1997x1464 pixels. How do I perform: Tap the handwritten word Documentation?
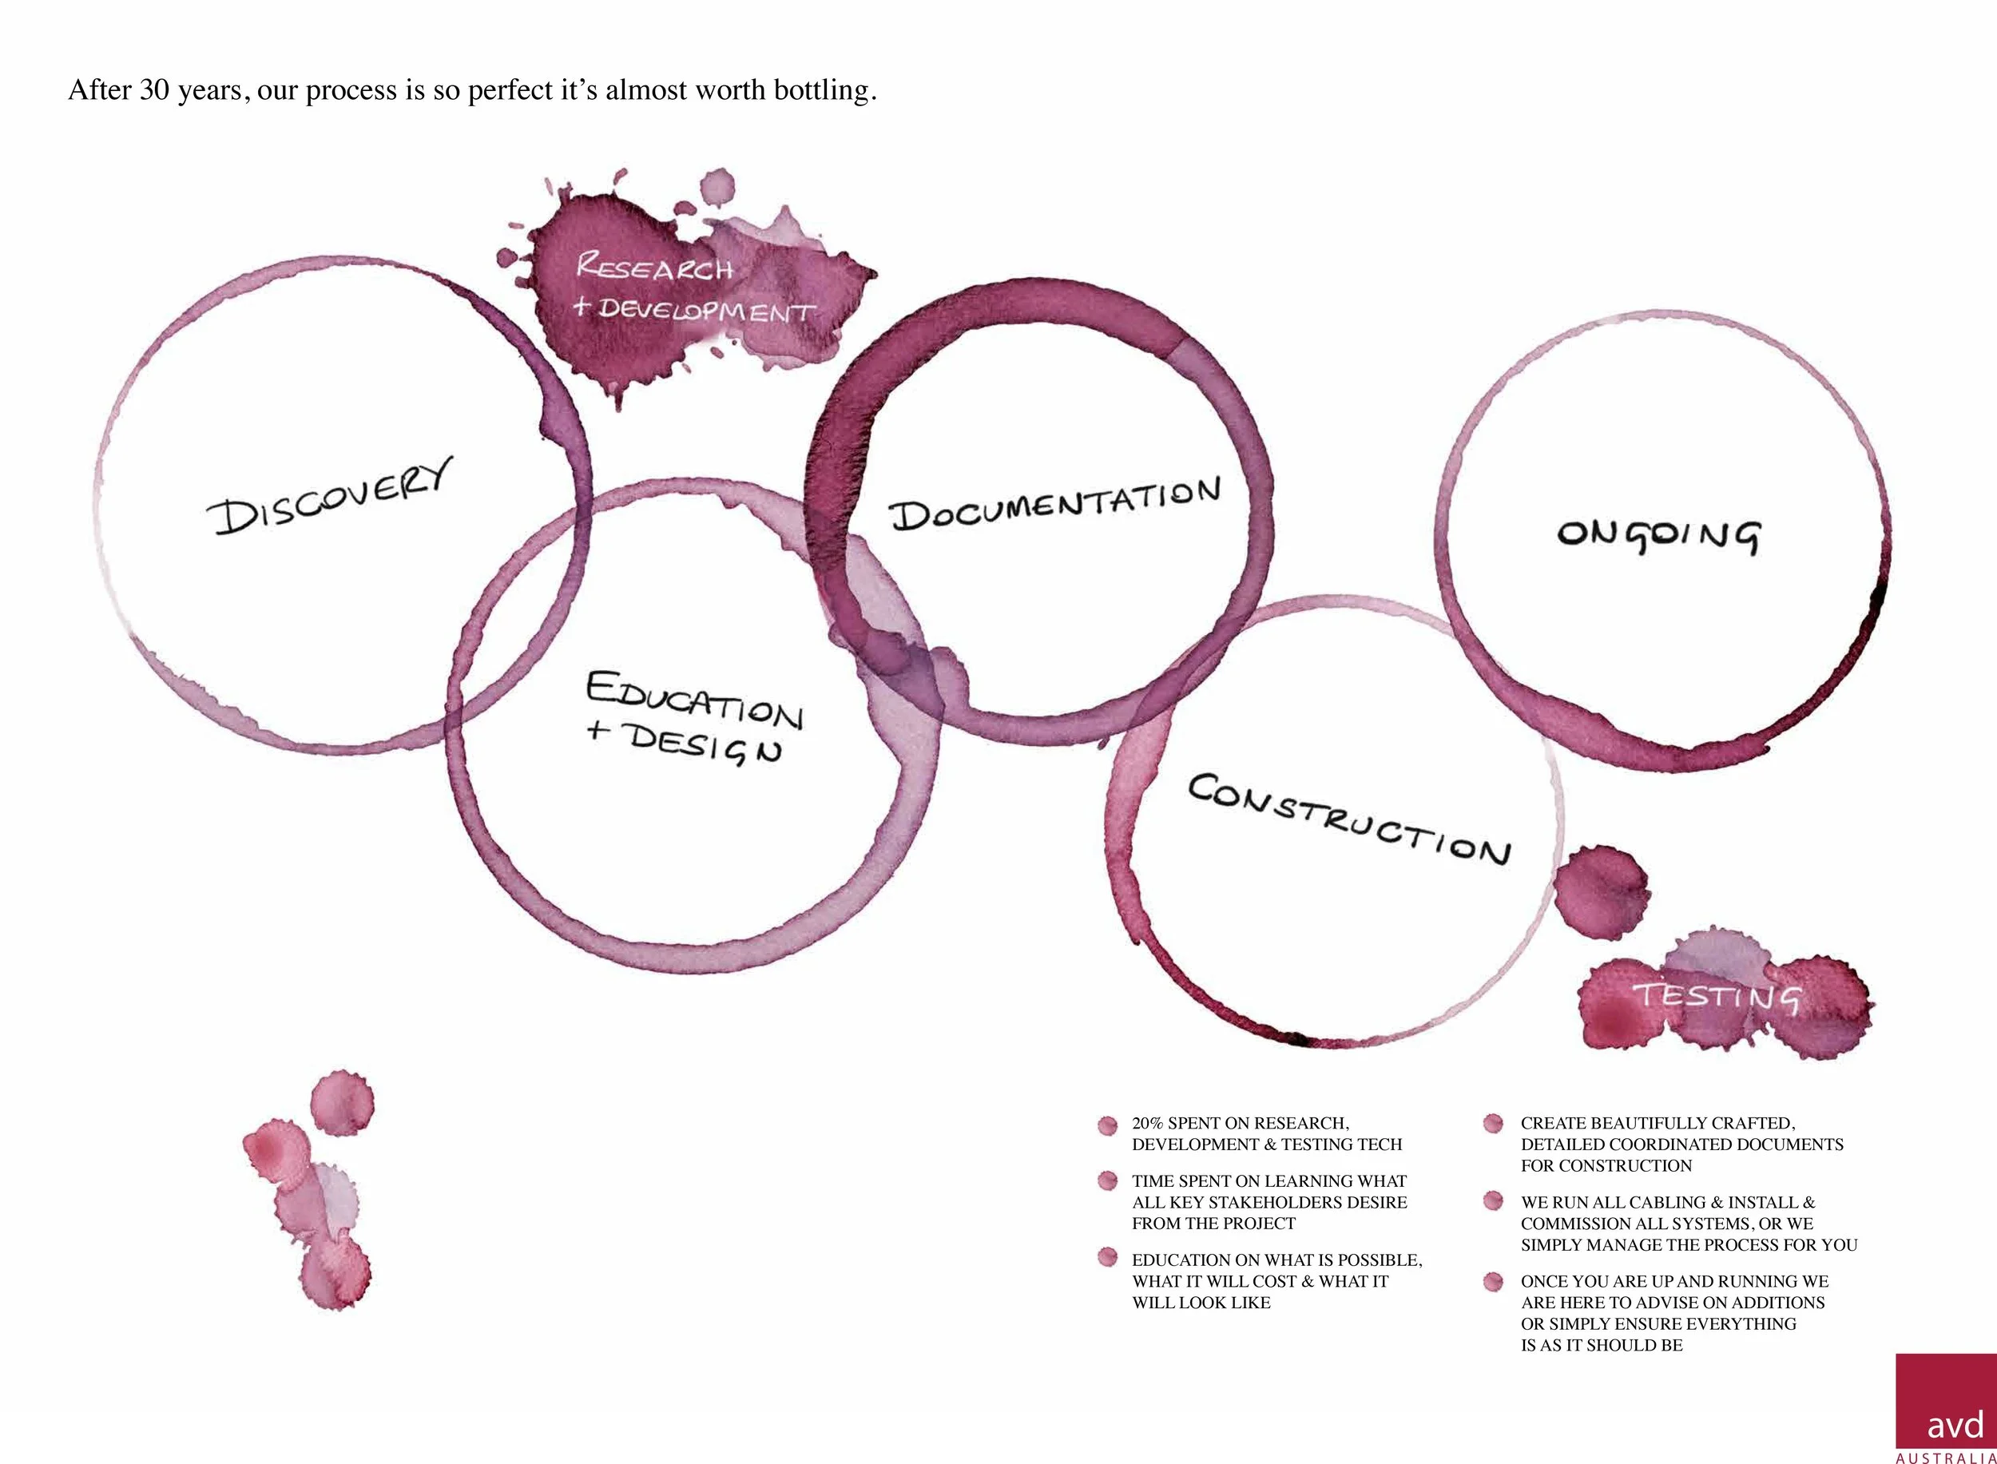pyautogui.click(x=1054, y=505)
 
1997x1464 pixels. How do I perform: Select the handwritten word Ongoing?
pyautogui.click(x=1658, y=536)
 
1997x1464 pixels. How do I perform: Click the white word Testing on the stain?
pyautogui.click(x=1716, y=996)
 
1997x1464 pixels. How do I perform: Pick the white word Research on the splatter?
pyautogui.click(x=654, y=267)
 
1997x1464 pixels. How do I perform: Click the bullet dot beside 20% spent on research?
pyautogui.click(x=1107, y=1125)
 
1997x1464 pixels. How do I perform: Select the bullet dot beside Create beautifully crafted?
pyautogui.click(x=1494, y=1124)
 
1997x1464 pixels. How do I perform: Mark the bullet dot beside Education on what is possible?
pyautogui.click(x=1107, y=1257)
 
